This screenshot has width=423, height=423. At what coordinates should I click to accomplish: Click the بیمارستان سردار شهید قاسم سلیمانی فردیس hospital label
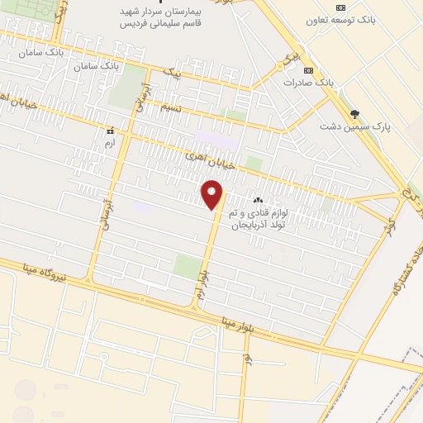(x=161, y=17)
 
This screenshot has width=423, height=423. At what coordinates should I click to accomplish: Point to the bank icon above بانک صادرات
(x=308, y=70)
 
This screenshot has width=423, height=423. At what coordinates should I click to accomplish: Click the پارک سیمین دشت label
(x=355, y=127)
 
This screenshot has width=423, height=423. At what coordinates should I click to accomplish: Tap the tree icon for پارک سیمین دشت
(x=355, y=114)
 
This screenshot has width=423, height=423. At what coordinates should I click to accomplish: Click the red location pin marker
(x=213, y=196)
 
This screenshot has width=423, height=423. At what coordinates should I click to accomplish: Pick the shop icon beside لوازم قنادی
(x=258, y=199)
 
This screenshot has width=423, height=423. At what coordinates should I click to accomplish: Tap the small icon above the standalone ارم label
(x=109, y=131)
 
